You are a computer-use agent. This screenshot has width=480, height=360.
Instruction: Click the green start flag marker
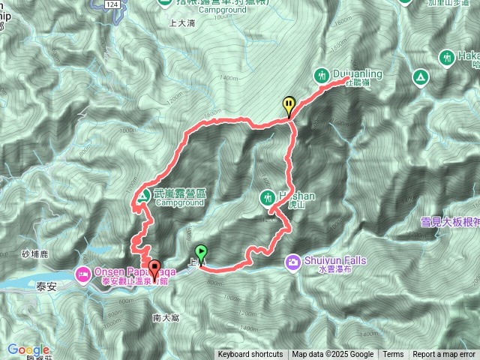(x=200, y=253)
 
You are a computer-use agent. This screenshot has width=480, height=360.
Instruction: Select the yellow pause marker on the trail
(x=289, y=105)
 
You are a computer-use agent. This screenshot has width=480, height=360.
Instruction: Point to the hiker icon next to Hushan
(x=268, y=197)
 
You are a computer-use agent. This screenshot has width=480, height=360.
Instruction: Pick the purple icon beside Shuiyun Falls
(x=292, y=261)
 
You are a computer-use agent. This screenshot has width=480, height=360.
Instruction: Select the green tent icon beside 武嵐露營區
(x=142, y=196)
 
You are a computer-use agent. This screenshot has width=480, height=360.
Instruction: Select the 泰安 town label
(x=46, y=286)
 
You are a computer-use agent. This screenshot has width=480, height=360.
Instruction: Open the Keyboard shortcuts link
(x=250, y=355)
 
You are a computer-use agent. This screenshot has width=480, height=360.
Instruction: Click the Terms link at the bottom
(x=393, y=355)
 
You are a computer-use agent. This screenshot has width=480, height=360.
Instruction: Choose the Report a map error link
(x=445, y=355)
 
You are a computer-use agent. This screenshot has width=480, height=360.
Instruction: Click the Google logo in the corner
(x=28, y=349)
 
